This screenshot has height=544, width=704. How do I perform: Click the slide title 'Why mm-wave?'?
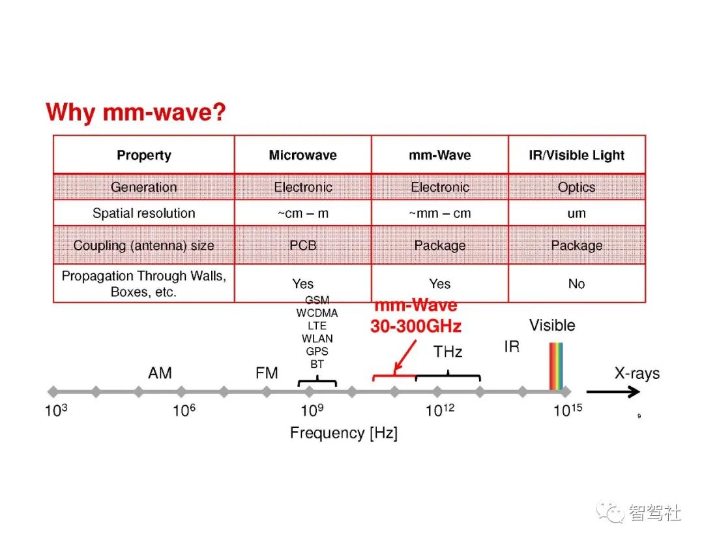(136, 113)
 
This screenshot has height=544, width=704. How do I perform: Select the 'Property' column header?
(143, 155)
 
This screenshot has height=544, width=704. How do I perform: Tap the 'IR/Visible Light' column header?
(576, 155)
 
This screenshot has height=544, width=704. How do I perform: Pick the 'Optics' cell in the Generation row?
(576, 187)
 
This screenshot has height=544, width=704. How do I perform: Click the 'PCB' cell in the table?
(302, 245)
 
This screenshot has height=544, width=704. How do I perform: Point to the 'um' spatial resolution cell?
(576, 213)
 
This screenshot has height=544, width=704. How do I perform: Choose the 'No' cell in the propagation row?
(576, 284)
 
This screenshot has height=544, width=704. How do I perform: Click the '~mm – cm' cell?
(439, 213)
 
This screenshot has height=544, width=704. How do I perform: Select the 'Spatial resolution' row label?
(143, 213)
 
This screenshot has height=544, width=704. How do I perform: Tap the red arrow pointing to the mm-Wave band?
(405, 355)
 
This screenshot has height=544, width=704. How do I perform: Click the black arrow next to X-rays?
(613, 391)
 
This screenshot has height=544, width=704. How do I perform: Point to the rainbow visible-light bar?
(555, 367)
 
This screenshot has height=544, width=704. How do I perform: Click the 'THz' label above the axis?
(448, 352)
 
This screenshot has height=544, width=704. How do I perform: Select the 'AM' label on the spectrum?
(160, 373)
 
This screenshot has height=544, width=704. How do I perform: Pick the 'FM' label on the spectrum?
(266, 373)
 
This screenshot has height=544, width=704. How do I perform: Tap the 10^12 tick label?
(440, 411)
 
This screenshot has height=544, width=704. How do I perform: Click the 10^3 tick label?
(57, 411)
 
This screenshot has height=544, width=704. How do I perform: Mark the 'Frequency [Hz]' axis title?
(344, 433)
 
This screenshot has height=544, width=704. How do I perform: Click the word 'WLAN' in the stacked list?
(317, 339)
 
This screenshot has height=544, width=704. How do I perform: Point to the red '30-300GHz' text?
(415, 326)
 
